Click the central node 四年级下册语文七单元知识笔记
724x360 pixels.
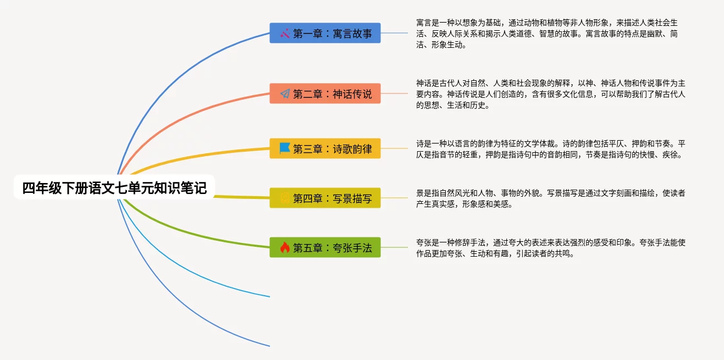[114, 188]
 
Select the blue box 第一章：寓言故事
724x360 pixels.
[325, 34]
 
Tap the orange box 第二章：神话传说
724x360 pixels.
[325, 94]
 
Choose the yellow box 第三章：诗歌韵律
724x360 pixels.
[325, 148]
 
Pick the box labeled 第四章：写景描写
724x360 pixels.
[325, 198]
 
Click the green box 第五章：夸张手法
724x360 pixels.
[325, 247]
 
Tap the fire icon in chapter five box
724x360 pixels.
[285, 247]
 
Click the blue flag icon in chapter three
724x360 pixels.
[285, 148]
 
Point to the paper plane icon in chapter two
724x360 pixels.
[285, 94]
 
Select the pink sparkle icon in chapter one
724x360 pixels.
[285, 34]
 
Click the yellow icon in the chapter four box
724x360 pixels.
[285, 198]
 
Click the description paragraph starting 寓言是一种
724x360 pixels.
[550, 34]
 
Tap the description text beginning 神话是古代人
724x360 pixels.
[550, 94]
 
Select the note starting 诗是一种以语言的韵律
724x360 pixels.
[550, 148]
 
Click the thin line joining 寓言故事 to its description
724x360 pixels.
[394, 34]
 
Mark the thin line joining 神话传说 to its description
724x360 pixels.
[394, 94]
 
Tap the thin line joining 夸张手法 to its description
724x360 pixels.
[394, 247]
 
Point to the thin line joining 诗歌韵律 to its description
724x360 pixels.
[394, 148]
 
